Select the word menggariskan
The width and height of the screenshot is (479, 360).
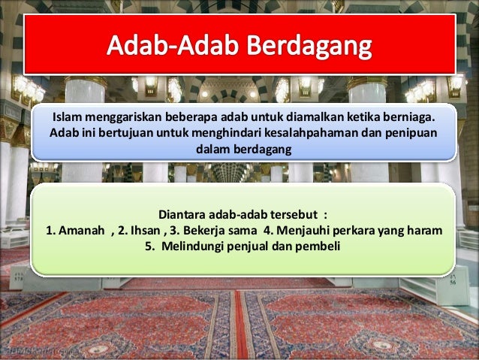tap(127, 119)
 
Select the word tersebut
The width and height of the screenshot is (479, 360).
tap(288, 213)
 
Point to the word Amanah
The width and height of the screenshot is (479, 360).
tap(80, 228)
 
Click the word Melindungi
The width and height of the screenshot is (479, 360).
tap(197, 244)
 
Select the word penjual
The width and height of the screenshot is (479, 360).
tap(253, 244)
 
